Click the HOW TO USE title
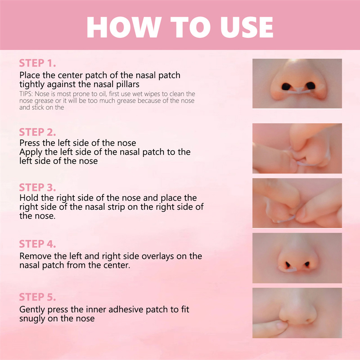pyautogui.click(x=180, y=27)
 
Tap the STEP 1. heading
pyautogui.click(x=37, y=63)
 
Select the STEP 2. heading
pyautogui.click(x=37, y=132)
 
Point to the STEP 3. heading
pyautogui.click(x=37, y=187)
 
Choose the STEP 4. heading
pyautogui.click(x=37, y=244)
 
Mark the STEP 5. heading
pyautogui.click(x=37, y=297)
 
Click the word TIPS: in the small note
pyautogui.click(x=26, y=94)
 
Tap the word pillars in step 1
pyautogui.click(x=128, y=85)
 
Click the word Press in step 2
pyautogui.click(x=30, y=143)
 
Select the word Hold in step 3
pyautogui.click(x=29, y=198)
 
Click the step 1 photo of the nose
pyautogui.click(x=297, y=83)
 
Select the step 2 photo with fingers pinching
pyautogui.click(x=297, y=148)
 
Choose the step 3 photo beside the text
pyautogui.click(x=297, y=203)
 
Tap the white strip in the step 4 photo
pyautogui.click(x=288, y=270)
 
